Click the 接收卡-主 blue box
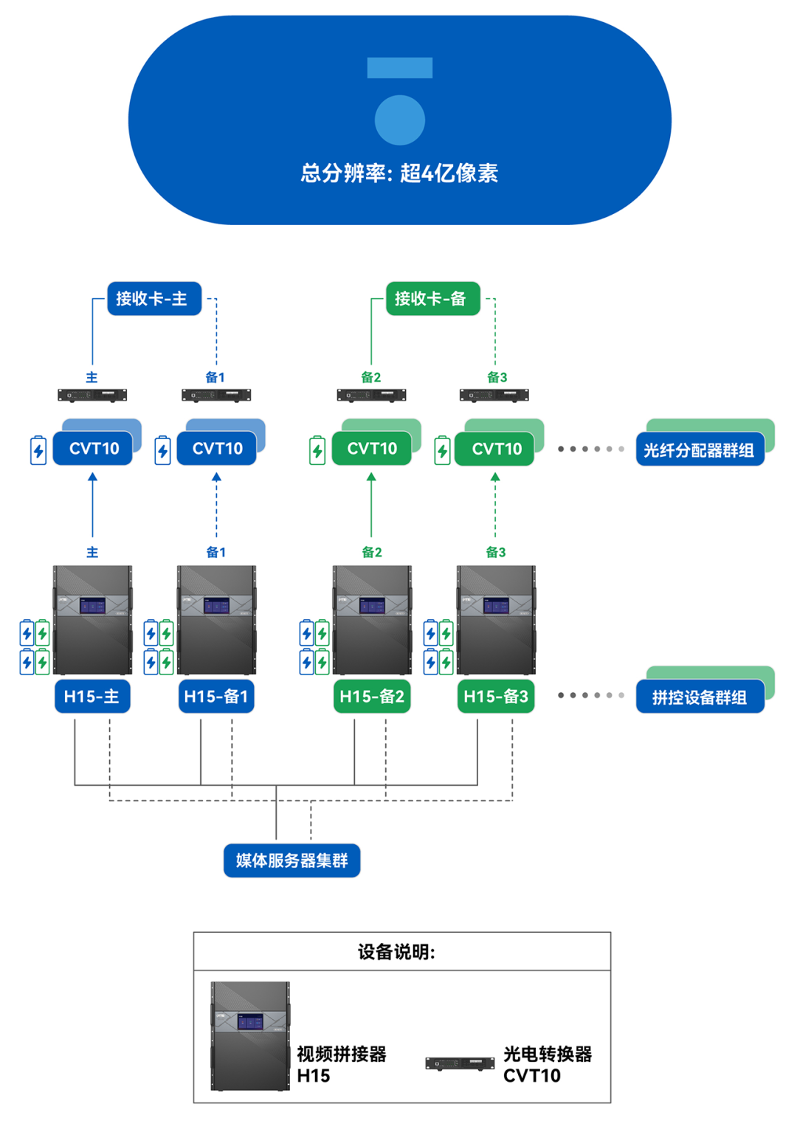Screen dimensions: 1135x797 pyautogui.click(x=154, y=299)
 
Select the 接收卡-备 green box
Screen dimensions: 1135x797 pyautogui.click(x=432, y=299)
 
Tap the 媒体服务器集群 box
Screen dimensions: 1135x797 pyautogui.click(x=291, y=860)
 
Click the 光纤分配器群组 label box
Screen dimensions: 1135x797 pyautogui.click(x=699, y=450)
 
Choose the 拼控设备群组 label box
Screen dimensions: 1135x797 pyautogui.click(x=699, y=697)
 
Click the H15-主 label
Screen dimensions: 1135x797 pyautogui.click(x=92, y=697)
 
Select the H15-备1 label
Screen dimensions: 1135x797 pyautogui.click(x=216, y=697)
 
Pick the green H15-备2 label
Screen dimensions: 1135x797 pyautogui.click(x=372, y=697)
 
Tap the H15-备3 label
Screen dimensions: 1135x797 pyautogui.click(x=496, y=697)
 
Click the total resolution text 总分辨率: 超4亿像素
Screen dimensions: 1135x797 pyautogui.click(x=399, y=173)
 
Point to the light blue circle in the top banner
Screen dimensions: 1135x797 pyautogui.click(x=399, y=120)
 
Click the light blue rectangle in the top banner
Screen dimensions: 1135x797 pyautogui.click(x=399, y=68)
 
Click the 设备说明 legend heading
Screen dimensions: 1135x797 pyautogui.click(x=396, y=952)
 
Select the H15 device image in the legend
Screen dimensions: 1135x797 pyautogui.click(x=250, y=1036)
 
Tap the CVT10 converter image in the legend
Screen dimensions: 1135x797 pyautogui.click(x=460, y=1063)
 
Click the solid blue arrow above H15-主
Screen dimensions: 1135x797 pyautogui.click(x=92, y=506)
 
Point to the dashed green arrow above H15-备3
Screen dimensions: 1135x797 pyautogui.click(x=495, y=506)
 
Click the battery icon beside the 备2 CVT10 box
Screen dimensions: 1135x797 pyautogui.click(x=317, y=450)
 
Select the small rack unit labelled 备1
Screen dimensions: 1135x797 pyautogui.click(x=216, y=396)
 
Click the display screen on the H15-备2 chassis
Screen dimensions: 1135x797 pyautogui.click(x=372, y=606)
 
